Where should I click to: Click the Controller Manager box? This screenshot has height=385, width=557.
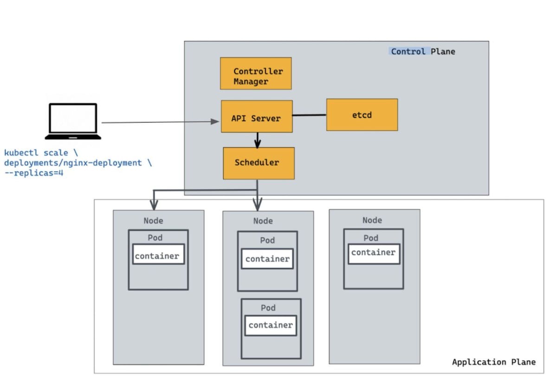coord(256,73)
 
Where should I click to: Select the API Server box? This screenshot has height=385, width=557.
coord(256,116)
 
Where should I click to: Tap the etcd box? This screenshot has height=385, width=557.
coord(362,115)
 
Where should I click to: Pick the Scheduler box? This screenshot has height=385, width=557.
coord(259,163)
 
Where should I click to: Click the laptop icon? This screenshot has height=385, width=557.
coord(73,121)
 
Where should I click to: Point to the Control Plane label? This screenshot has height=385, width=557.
coord(423,51)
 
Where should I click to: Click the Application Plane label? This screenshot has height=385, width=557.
coord(493,362)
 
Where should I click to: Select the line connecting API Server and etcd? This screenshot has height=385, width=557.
coord(309,115)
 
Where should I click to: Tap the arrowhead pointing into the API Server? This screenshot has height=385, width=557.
coord(215,122)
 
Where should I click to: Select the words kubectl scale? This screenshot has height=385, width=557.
coord(36,153)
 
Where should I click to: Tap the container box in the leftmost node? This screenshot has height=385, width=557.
coord(158,256)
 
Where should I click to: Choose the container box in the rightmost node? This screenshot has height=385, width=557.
coord(373,253)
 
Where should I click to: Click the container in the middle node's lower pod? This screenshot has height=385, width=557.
coord(271,325)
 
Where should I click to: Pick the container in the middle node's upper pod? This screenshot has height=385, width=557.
coord(267,259)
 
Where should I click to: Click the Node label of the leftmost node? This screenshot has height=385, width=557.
coord(153,221)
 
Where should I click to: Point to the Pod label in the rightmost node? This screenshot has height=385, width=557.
coord(370,238)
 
